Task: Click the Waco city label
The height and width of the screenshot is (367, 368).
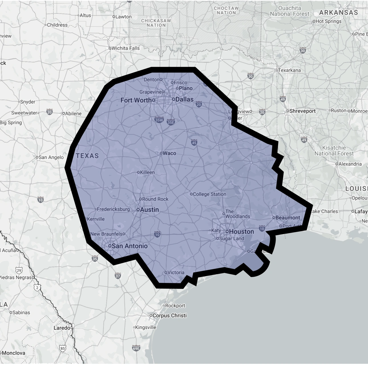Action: click(x=169, y=153)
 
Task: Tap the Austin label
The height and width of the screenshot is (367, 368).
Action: click(x=149, y=210)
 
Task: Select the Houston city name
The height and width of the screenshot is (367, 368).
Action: click(x=241, y=232)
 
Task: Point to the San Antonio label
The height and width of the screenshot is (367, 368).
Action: click(x=130, y=246)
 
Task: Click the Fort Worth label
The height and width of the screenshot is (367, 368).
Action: click(x=136, y=100)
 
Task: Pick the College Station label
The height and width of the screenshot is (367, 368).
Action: click(x=209, y=194)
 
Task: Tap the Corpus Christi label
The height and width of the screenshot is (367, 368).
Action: click(x=169, y=315)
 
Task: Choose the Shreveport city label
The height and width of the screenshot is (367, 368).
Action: click(x=302, y=111)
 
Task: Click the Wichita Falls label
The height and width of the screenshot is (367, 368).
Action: click(x=126, y=48)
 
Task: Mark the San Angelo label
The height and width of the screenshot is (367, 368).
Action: click(x=51, y=157)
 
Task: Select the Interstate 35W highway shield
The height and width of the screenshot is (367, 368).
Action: click(x=159, y=120)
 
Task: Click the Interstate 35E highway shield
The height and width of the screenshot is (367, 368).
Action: click(x=171, y=123)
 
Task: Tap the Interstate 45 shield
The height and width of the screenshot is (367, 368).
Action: click(x=194, y=143)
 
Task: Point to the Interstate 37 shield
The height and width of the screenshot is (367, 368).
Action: click(x=118, y=276)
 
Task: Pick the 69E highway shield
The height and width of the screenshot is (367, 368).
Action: click(x=136, y=348)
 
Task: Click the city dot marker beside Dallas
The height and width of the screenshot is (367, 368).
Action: click(x=173, y=99)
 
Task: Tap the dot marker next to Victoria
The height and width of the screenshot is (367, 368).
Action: click(x=166, y=272)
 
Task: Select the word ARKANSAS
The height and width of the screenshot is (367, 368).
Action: click(x=338, y=13)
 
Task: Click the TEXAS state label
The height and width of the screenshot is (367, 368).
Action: click(x=87, y=156)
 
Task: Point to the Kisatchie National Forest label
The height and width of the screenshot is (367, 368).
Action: click(x=334, y=151)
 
